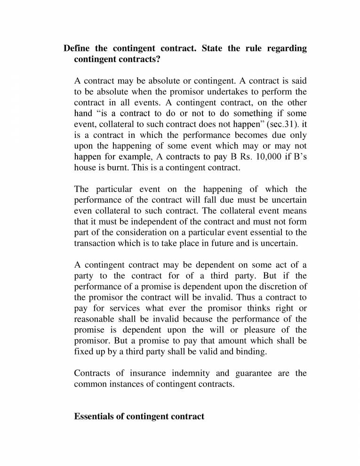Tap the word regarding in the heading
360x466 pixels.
[287, 48]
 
